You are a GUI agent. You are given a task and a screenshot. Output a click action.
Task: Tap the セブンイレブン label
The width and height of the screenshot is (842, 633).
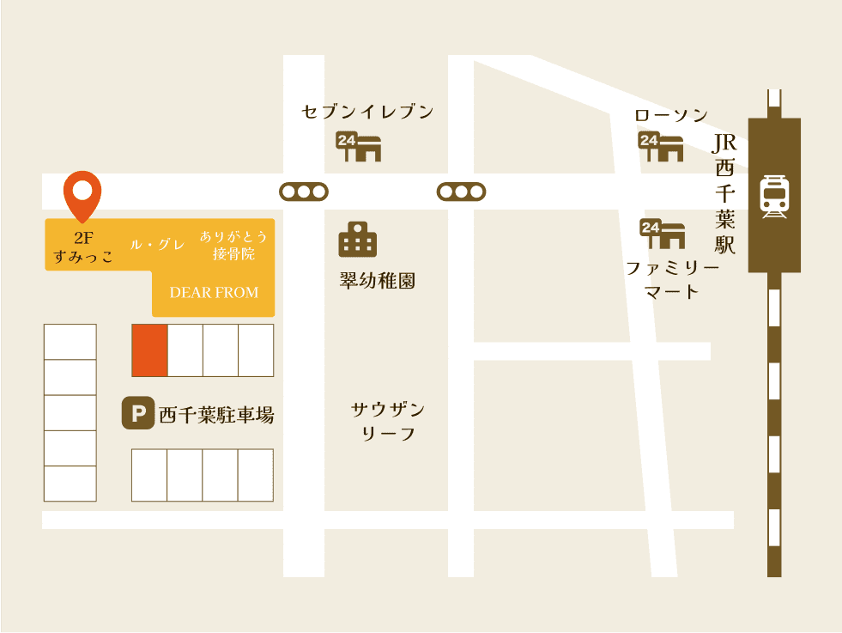tap(367, 112)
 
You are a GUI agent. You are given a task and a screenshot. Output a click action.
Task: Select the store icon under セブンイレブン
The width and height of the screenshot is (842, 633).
tap(358, 147)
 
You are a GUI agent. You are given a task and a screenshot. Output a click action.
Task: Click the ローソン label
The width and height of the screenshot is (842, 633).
tap(671, 115)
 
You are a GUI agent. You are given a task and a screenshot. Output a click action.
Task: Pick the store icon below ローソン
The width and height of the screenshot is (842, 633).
tap(660, 147)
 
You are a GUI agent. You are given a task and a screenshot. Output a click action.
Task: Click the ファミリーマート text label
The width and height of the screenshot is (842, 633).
tap(672, 280)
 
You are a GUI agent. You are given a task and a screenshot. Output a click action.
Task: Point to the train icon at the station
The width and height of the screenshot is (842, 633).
tap(774, 197)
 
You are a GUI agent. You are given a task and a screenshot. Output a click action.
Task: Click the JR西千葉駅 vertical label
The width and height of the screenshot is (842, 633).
tap(725, 194)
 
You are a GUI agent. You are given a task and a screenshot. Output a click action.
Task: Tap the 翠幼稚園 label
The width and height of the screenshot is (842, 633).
tap(378, 282)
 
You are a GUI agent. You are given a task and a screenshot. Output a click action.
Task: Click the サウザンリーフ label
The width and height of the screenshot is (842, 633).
tap(388, 421)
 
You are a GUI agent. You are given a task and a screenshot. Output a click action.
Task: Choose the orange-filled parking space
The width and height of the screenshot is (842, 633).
tap(149, 350)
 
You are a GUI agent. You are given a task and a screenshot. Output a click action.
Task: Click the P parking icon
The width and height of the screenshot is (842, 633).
tap(136, 414)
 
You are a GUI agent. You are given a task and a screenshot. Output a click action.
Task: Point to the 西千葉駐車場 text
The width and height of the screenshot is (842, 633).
tap(216, 416)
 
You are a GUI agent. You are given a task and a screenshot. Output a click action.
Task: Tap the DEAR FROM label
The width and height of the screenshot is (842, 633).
tap(214, 293)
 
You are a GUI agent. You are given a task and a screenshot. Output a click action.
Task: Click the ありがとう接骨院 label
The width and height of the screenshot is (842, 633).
tap(233, 245)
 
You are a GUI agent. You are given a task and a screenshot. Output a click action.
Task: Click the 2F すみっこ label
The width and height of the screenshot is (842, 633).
tap(82, 247)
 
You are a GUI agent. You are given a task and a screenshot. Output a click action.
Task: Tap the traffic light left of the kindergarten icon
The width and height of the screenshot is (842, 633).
tap(304, 192)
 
